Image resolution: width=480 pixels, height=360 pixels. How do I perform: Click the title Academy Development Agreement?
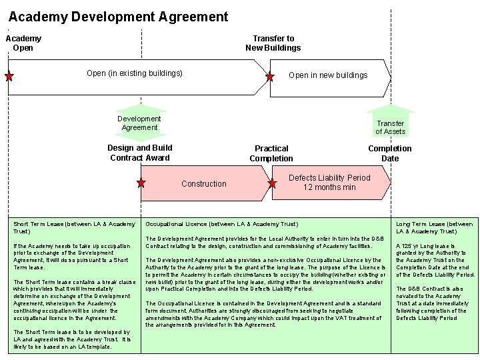tap(118, 17)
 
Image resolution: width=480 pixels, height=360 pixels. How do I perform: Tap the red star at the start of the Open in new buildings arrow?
tap(269, 77)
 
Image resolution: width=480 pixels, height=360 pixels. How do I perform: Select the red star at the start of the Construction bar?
tap(141, 182)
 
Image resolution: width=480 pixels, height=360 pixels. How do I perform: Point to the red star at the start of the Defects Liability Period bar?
tap(274, 182)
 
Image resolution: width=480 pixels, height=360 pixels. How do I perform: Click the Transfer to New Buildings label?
tap(273, 43)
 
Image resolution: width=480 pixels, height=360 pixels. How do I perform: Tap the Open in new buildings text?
tap(327, 75)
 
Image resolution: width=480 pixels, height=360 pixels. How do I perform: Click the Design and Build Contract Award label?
tap(140, 153)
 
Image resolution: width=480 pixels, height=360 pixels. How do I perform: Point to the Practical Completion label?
tap(271, 153)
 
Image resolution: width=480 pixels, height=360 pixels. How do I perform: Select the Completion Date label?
tap(390, 153)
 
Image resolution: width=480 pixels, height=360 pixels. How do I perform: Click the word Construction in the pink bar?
tap(204, 184)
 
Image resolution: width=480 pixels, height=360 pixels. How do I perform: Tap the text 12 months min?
tap(329, 187)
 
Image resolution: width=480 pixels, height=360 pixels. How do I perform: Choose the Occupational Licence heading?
tap(222, 223)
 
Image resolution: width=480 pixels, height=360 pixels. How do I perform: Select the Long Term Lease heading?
tap(435, 227)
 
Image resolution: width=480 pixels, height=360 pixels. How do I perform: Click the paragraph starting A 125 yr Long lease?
tap(435, 259)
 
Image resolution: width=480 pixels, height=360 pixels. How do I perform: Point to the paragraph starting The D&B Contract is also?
tap(435, 303)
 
